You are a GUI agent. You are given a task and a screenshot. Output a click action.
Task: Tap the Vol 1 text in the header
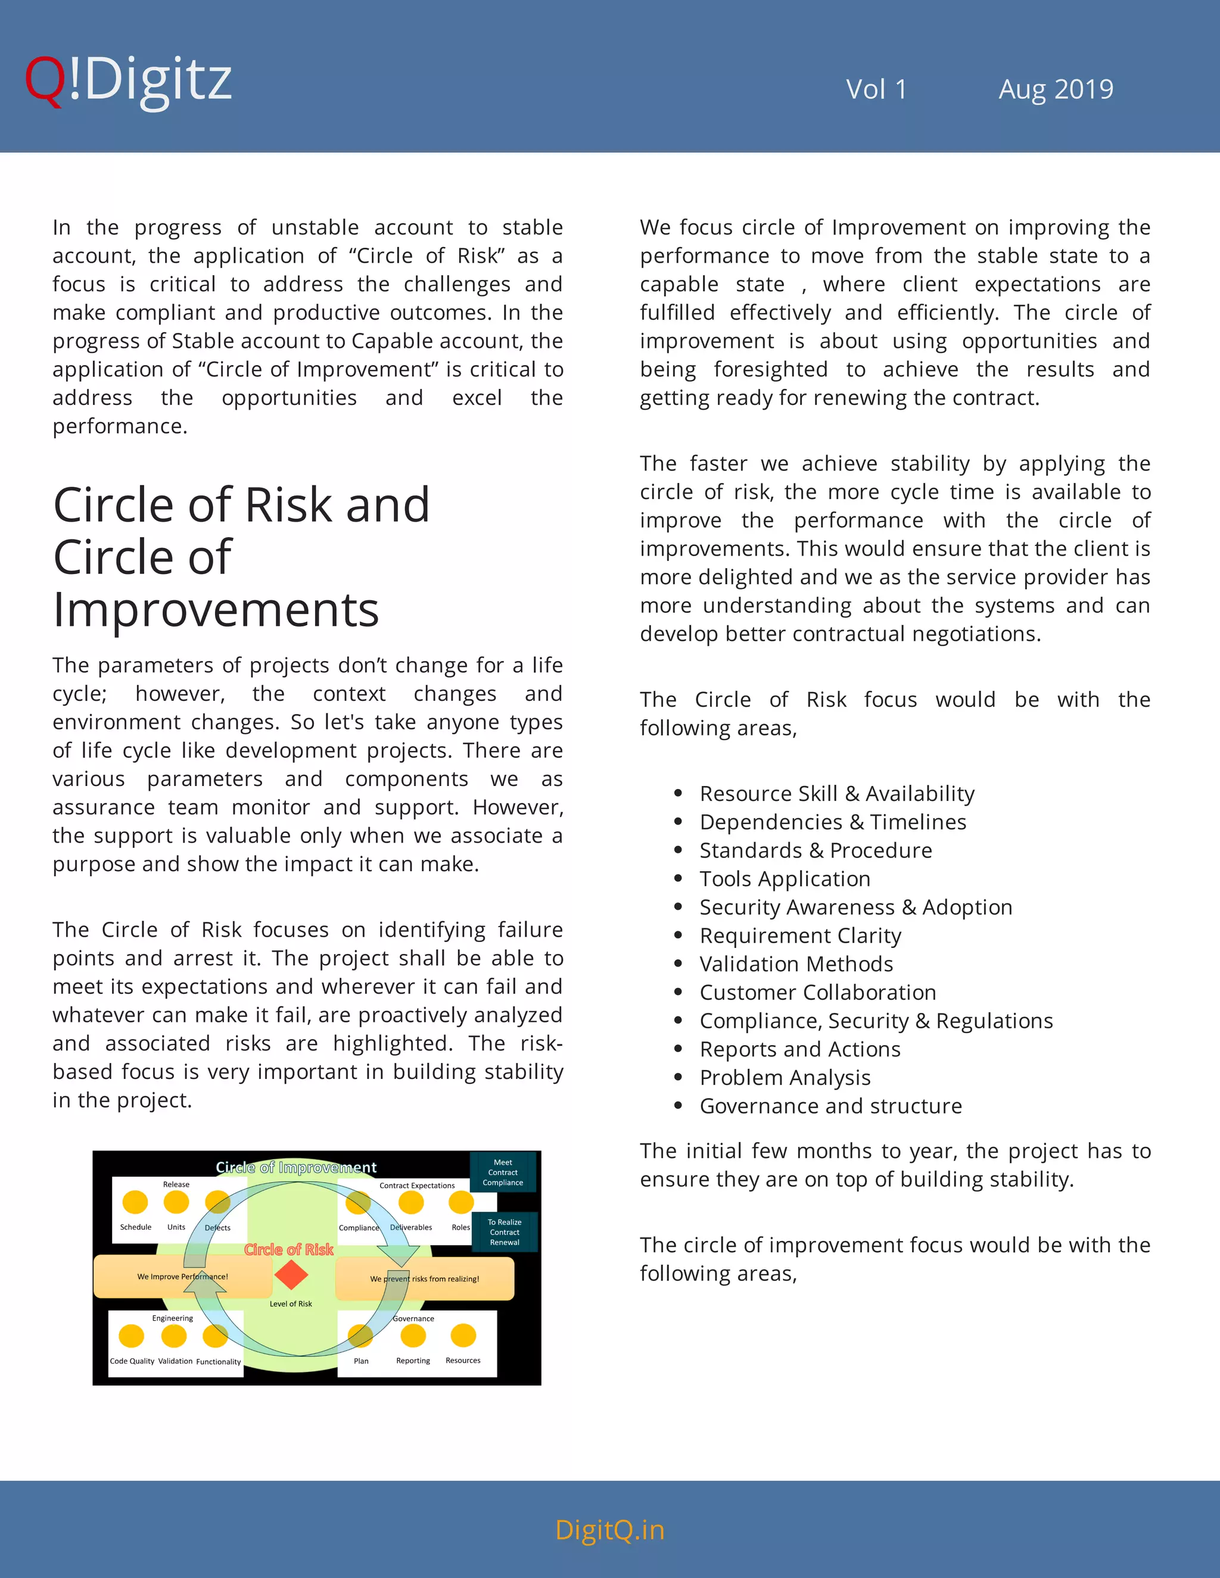tap(876, 89)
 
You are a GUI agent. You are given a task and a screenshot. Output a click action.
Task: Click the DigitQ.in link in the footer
tap(609, 1530)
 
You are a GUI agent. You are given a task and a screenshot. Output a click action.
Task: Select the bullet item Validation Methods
tap(796, 964)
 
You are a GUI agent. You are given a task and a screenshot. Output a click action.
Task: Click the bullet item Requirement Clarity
tap(800, 935)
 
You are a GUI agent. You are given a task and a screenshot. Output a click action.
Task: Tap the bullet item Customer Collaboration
tap(817, 992)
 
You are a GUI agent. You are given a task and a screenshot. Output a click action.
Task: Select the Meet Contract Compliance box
tap(503, 1172)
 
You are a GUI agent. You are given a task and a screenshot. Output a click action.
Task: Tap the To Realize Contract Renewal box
tap(505, 1232)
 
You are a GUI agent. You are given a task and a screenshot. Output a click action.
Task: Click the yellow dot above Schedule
tap(135, 1202)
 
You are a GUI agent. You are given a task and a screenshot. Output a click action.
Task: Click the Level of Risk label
tap(291, 1303)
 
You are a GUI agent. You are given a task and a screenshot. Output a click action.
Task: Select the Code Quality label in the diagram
tap(132, 1361)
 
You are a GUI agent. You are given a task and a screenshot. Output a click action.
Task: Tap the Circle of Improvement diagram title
tap(296, 1168)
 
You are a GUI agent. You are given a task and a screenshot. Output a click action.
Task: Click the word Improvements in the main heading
tap(216, 610)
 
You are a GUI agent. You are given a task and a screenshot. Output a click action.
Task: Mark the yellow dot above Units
tap(176, 1202)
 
